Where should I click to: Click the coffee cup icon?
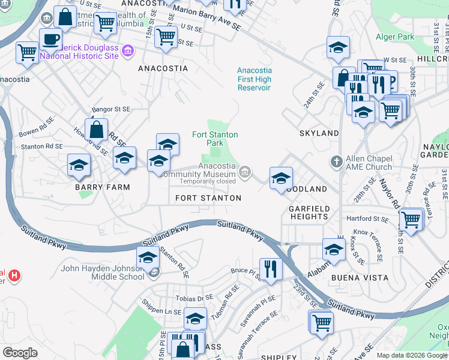pyautogui.click(x=51, y=40)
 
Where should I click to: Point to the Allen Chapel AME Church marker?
pyautogui.click(x=337, y=161)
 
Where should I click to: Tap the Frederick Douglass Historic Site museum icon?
pyautogui.click(x=127, y=51)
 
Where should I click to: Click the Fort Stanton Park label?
pyautogui.click(x=215, y=139)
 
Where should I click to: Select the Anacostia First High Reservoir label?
pyautogui.click(x=255, y=79)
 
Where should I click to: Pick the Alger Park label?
pyautogui.click(x=395, y=37)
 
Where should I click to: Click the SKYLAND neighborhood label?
pyautogui.click(x=319, y=133)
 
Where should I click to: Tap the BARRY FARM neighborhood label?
pyautogui.click(x=94, y=187)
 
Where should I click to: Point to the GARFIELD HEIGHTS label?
pyautogui.click(x=309, y=212)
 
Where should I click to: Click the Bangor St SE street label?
pyautogui.click(x=110, y=109)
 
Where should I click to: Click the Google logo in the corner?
pyautogui.click(x=20, y=353)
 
